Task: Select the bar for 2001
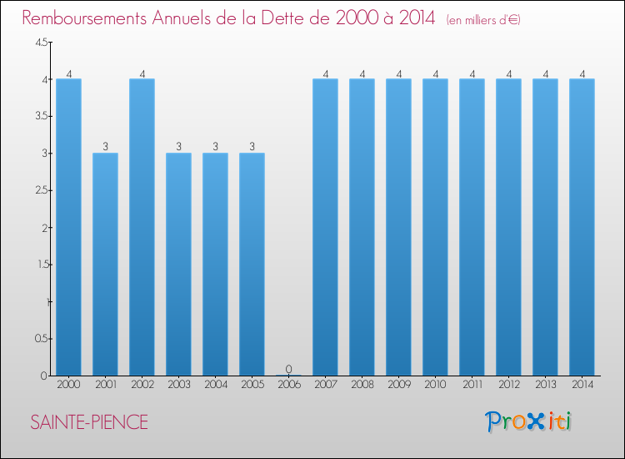pyautogui.click(x=105, y=265)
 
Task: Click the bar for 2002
pyautogui.click(x=142, y=227)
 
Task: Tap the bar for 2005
pyautogui.click(x=252, y=265)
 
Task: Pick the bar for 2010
pyautogui.click(x=435, y=227)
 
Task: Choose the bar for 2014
pyautogui.click(x=582, y=227)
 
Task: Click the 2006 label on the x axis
pyautogui.click(x=289, y=385)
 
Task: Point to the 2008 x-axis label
pyautogui.click(x=362, y=385)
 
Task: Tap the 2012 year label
pyautogui.click(x=509, y=385)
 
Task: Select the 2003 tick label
pyautogui.click(x=179, y=385)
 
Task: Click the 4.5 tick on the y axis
pyautogui.click(x=42, y=43)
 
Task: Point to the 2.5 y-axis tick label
pyautogui.click(x=42, y=190)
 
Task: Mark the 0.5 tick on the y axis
pyautogui.click(x=42, y=339)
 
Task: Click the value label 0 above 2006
pyautogui.click(x=289, y=369)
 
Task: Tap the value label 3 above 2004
pyautogui.click(x=215, y=147)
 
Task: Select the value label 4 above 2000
pyautogui.click(x=69, y=73)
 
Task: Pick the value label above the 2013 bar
pyautogui.click(x=546, y=73)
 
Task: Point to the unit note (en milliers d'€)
pyautogui.click(x=483, y=20)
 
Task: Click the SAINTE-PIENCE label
pyautogui.click(x=89, y=422)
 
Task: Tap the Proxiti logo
pyautogui.click(x=528, y=421)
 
